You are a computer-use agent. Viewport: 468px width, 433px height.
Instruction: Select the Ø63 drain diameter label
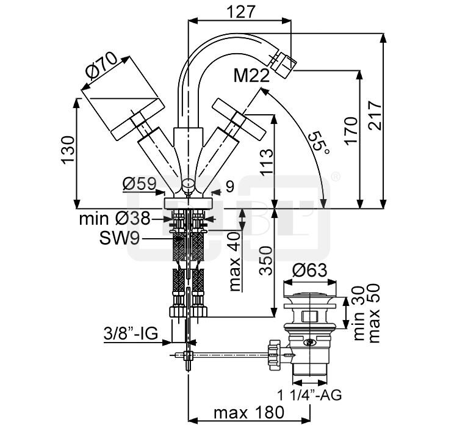311,270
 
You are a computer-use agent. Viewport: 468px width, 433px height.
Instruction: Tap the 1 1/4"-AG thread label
311,395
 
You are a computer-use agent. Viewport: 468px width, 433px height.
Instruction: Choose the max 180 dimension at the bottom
248,413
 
